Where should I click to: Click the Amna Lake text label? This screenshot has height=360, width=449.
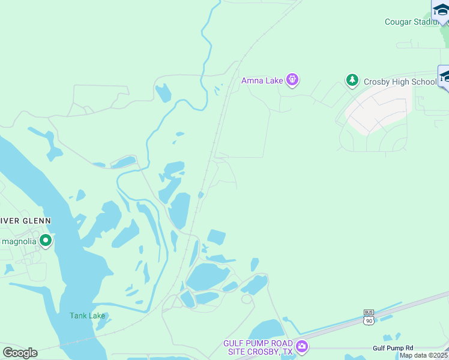point(263,80)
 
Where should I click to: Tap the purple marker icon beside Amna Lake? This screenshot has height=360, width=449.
point(292,79)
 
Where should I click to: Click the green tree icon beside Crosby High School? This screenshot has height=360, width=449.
point(352,80)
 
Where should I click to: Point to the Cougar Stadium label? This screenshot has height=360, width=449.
point(412,22)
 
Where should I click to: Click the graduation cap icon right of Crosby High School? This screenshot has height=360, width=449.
point(445,76)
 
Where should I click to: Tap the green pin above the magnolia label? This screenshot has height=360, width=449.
point(45,241)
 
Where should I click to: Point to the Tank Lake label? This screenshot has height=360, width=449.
point(87,316)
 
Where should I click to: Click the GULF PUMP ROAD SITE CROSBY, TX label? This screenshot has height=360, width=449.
point(258,347)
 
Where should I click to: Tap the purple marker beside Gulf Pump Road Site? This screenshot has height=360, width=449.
point(301,346)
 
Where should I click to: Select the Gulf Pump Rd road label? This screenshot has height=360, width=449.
point(393,347)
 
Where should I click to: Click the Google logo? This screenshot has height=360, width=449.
point(20,352)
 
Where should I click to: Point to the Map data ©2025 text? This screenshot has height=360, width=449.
point(424,355)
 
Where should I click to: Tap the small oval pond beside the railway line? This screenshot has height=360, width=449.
point(200,195)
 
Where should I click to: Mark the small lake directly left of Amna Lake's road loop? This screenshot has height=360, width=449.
point(163,93)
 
